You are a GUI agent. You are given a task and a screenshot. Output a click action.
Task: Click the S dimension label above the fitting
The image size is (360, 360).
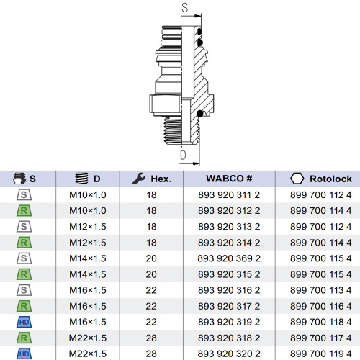(x=184, y=8)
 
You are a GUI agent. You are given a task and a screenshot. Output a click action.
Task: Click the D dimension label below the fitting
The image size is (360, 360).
(x=183, y=155)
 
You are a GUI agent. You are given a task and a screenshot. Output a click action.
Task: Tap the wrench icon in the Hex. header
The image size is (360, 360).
(x=138, y=179)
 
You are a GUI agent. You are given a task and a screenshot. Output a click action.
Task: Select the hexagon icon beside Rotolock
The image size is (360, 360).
(x=297, y=179)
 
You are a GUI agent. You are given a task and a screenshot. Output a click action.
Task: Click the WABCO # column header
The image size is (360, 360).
(x=229, y=179)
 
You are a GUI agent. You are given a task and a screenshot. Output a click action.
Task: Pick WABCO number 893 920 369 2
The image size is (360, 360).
(x=229, y=258)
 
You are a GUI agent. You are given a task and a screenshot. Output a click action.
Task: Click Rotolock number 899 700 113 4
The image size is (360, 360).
(x=320, y=290)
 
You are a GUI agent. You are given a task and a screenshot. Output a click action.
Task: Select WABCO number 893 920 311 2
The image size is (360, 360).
(x=229, y=195)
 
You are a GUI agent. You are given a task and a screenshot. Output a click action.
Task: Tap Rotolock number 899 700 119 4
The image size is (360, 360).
(x=320, y=354)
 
